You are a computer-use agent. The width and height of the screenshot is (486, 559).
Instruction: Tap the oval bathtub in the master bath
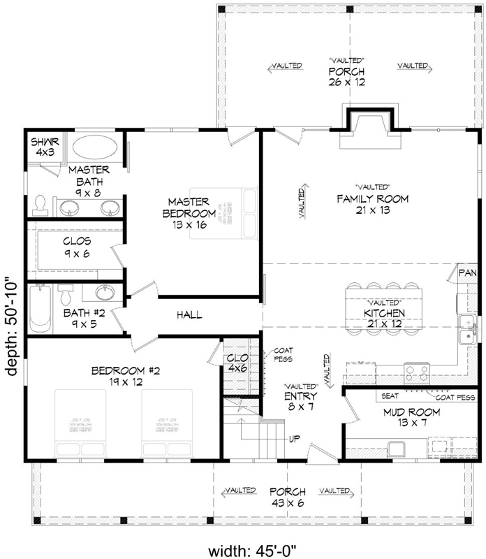click(x=96, y=149)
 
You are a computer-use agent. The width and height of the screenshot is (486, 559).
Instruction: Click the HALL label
click(x=189, y=315)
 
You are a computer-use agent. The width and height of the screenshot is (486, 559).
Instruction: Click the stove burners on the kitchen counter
click(x=418, y=371)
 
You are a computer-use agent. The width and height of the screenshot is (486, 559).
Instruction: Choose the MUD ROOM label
click(x=411, y=412)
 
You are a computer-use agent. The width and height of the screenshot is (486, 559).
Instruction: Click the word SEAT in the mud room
click(x=390, y=396)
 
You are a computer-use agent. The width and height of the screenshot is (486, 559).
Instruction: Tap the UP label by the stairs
click(x=295, y=440)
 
